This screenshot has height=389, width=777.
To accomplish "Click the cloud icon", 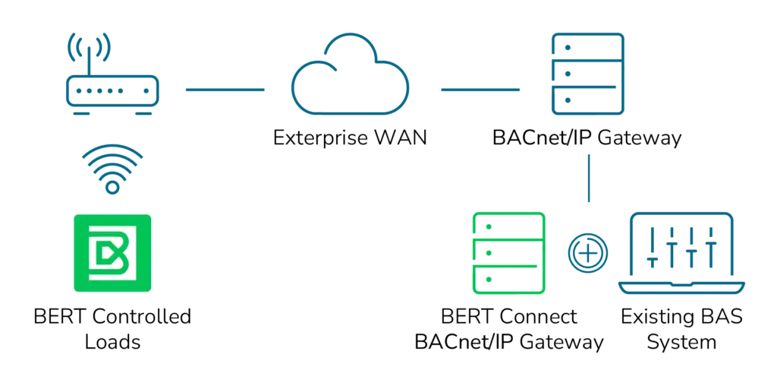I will (x=350, y=76).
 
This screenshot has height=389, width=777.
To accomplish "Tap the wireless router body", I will (x=112, y=90).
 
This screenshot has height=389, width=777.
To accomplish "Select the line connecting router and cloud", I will (x=225, y=90).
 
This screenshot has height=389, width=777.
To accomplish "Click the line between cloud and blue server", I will (x=479, y=90).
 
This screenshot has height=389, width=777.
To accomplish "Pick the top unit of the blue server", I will (x=586, y=47).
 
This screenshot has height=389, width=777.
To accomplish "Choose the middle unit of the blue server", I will (x=586, y=74).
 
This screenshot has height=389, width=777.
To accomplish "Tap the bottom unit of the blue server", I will (x=586, y=100).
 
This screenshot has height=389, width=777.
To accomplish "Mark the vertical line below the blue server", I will (x=588, y=179).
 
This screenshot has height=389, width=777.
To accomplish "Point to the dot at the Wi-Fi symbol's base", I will (x=112, y=186).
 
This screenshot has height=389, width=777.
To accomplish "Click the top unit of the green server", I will (x=508, y=225).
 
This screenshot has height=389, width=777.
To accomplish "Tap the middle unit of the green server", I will (x=508, y=252).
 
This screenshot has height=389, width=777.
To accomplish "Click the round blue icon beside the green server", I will (x=588, y=252).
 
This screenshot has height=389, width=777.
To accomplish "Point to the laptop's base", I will (x=681, y=288).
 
